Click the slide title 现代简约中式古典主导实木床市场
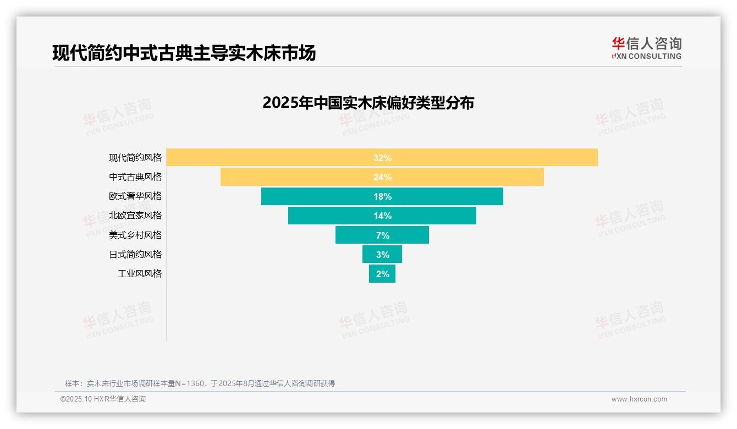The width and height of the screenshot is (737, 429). coord(184,53)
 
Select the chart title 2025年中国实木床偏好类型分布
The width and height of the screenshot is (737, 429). coord(368,103)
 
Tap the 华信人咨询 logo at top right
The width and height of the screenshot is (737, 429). coord(646,48)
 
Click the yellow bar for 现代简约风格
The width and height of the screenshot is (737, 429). coord(275,157)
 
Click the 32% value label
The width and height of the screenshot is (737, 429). coord(382,158)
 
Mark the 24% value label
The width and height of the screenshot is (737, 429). coord(382,177)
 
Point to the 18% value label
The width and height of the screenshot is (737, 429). coord(382,196)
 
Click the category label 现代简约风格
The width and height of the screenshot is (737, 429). coord(135,157)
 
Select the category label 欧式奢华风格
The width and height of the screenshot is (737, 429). coord(135,196)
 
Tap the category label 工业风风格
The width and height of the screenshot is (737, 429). coord(140,273)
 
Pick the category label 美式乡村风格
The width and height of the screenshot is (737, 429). coord(135,235)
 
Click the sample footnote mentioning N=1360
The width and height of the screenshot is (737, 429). coord(200,383)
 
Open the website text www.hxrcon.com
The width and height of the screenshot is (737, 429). coord(639,399)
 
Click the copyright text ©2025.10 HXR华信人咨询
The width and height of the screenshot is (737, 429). coord(103,399)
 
